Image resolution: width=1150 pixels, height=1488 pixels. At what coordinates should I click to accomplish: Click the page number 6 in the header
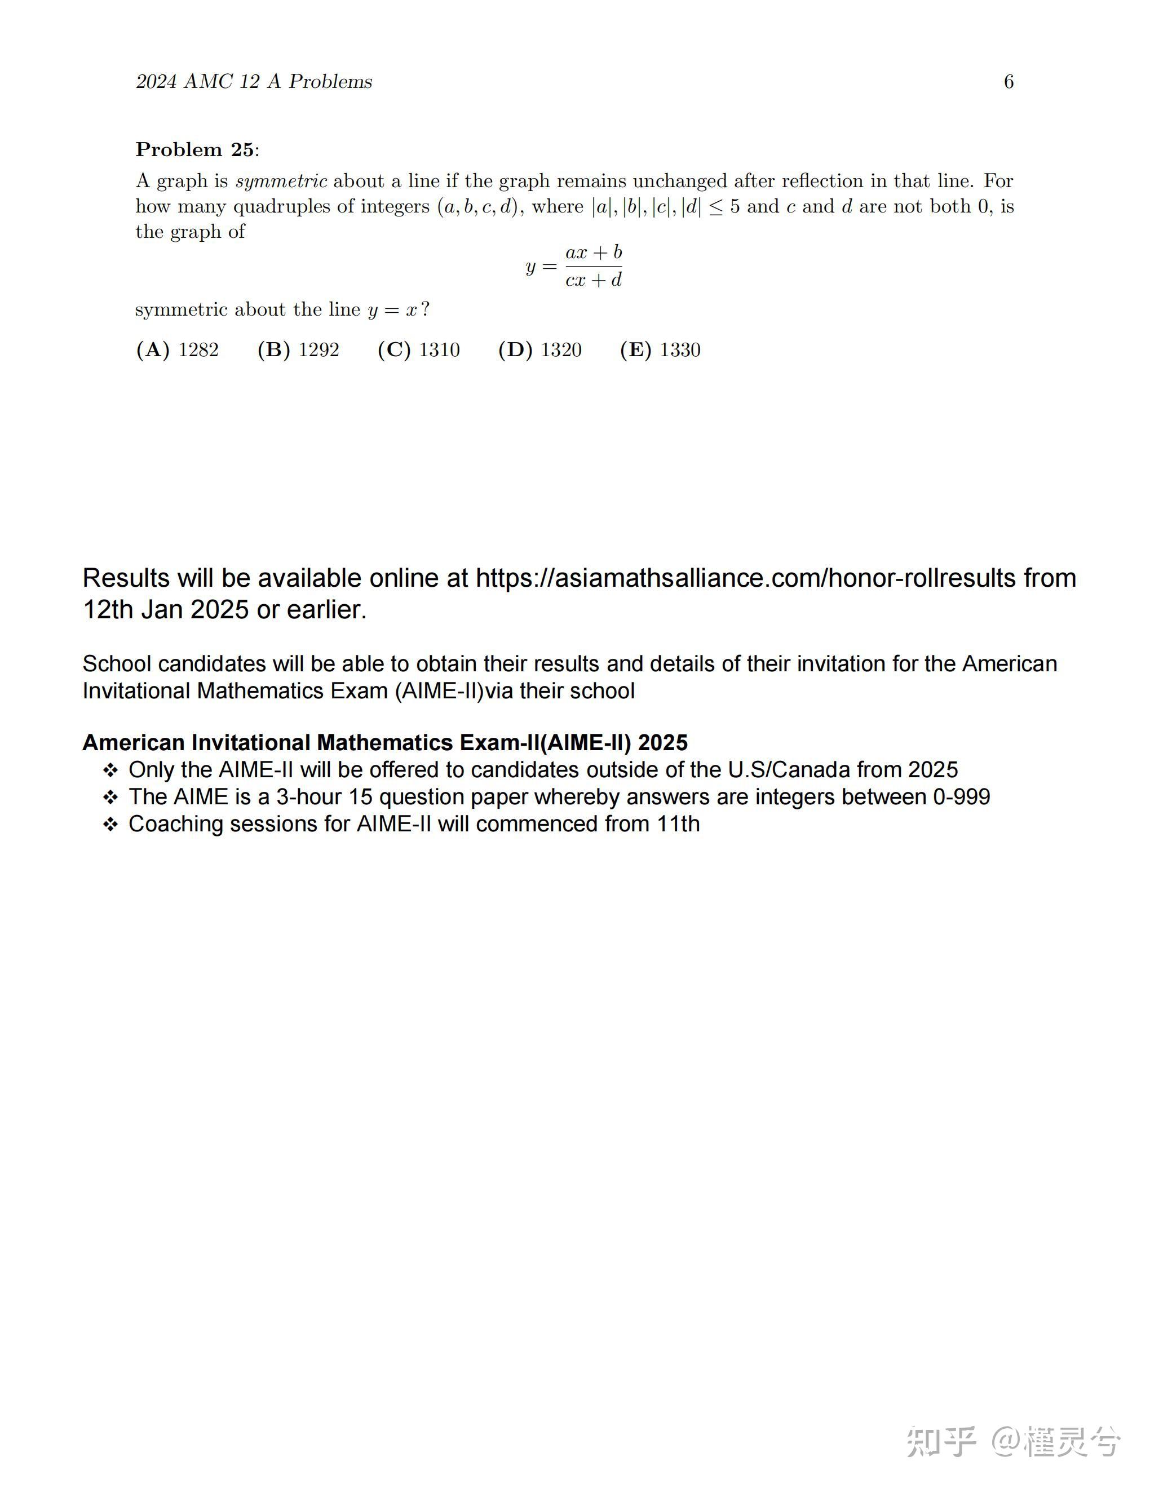[x=1009, y=82]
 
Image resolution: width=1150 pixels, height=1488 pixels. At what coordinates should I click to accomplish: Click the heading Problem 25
[x=196, y=150]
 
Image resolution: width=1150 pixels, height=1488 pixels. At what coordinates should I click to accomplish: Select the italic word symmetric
[x=281, y=181]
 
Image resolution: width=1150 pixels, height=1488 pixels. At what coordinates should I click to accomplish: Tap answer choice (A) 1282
[x=178, y=349]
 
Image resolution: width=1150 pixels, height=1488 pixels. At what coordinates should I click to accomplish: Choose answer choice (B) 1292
[x=298, y=349]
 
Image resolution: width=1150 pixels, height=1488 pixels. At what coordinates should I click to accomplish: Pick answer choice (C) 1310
[x=419, y=349]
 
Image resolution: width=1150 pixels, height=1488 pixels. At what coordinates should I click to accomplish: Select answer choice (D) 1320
[x=540, y=349]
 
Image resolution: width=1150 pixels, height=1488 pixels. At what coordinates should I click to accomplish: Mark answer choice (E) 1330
[x=660, y=349]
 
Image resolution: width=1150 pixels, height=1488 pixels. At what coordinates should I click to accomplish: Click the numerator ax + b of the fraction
[x=594, y=253]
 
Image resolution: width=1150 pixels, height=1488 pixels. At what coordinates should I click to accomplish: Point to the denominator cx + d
[x=594, y=280]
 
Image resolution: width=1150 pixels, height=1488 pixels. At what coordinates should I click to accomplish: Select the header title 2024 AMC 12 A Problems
[x=254, y=82]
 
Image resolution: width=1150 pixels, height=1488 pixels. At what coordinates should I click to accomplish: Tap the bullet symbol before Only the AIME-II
[x=110, y=770]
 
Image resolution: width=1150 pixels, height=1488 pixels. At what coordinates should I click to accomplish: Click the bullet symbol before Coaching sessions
[x=110, y=825]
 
